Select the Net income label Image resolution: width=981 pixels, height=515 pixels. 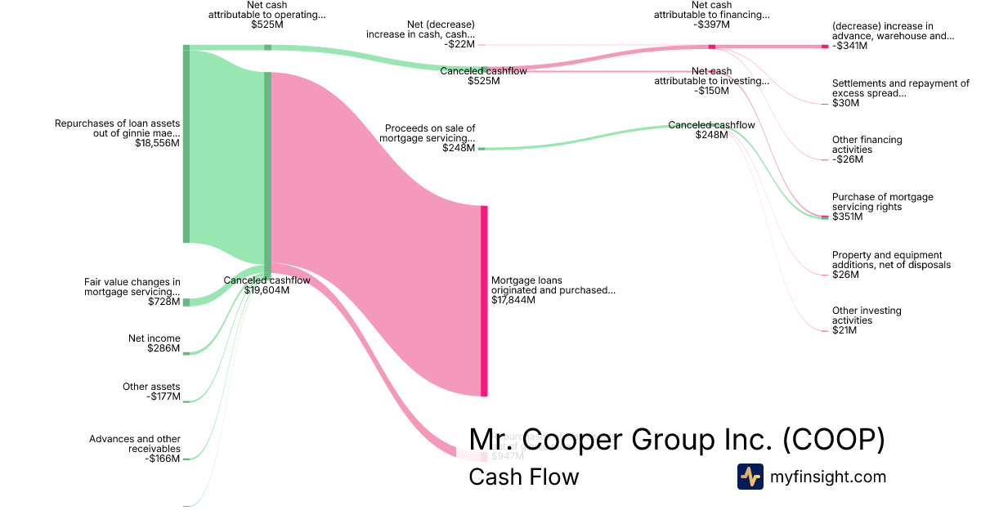point(155,338)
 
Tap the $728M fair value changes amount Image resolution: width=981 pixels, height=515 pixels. point(163,302)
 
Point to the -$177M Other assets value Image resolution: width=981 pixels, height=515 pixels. point(163,396)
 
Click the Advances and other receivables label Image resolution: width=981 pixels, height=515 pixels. point(135,444)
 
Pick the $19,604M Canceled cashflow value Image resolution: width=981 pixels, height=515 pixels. point(267,289)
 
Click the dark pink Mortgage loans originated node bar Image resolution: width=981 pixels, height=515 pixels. point(484,301)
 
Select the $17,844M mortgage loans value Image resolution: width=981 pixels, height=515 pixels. point(513,300)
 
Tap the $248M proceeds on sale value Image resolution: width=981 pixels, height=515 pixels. point(458,148)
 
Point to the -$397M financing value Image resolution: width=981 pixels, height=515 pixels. point(711,25)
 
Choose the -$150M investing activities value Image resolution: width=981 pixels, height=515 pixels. point(711,91)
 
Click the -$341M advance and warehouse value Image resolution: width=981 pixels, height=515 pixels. point(850,46)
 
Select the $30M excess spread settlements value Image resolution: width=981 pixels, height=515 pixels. point(846,103)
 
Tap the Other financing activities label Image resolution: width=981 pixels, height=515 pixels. point(867,145)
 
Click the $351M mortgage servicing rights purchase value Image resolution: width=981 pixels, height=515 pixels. point(848,217)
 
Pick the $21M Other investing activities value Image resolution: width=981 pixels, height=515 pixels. point(844,330)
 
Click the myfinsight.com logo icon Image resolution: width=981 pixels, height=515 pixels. point(750,477)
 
